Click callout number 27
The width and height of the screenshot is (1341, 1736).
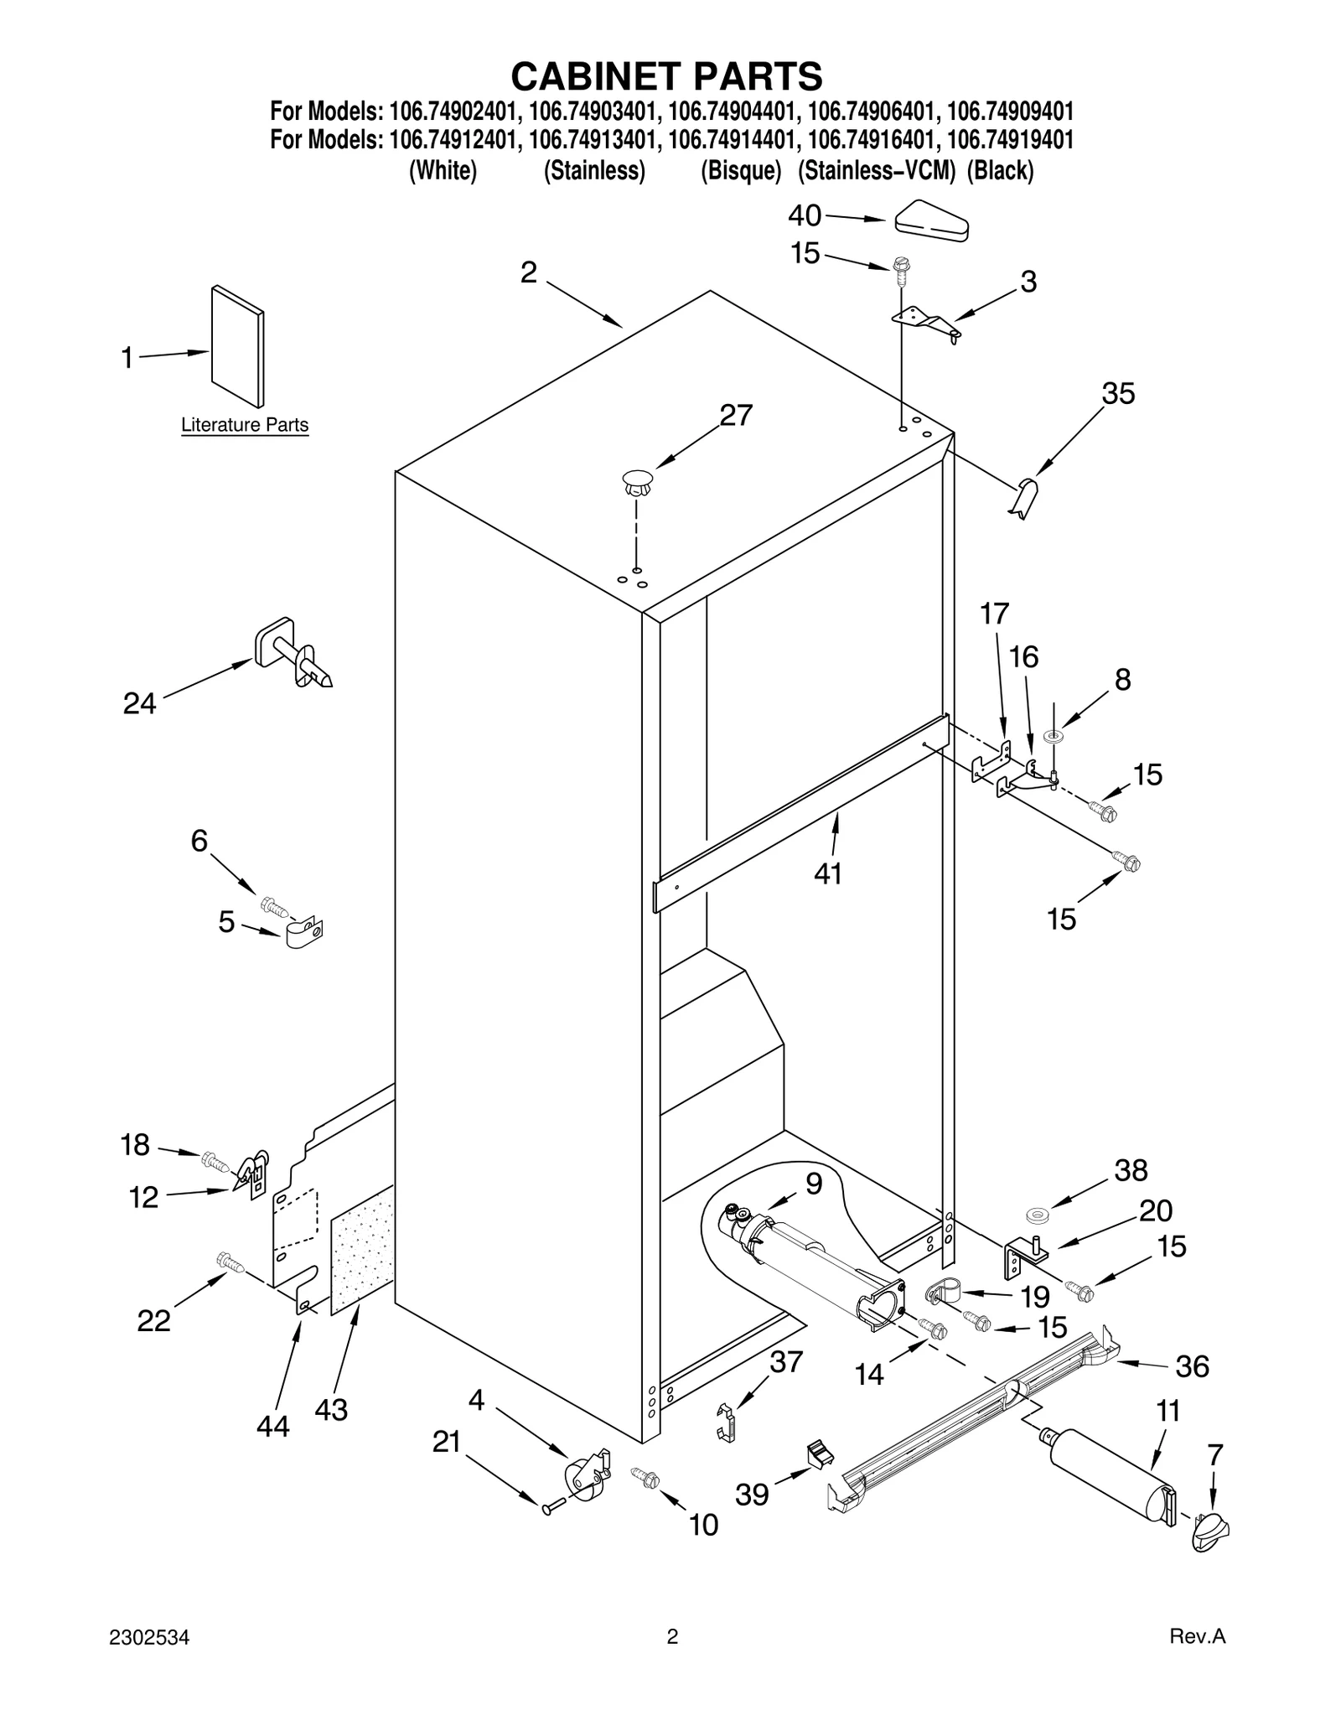(736, 416)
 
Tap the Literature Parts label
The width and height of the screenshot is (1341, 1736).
(245, 426)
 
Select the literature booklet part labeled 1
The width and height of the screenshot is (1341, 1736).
(237, 346)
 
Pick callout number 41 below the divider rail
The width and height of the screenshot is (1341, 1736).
(828, 873)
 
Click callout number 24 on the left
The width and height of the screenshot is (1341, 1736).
(140, 703)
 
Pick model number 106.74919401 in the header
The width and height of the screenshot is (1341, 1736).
(1010, 139)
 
